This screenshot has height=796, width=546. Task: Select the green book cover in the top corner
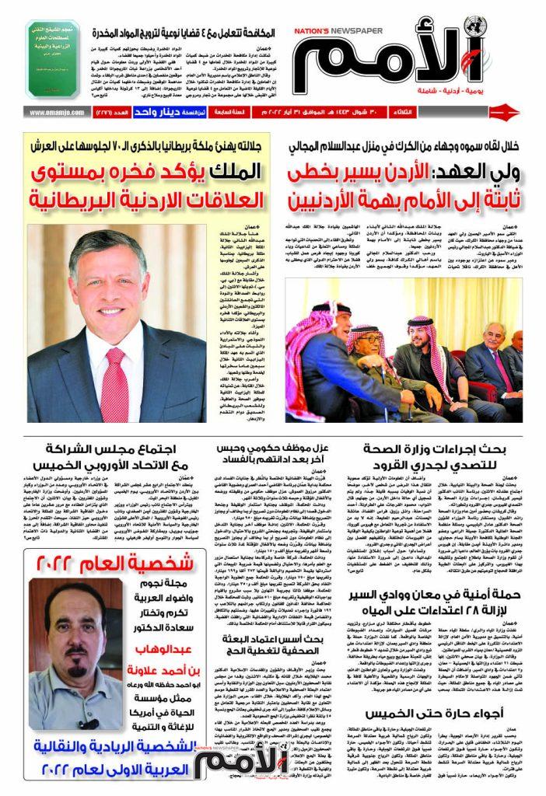53,59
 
